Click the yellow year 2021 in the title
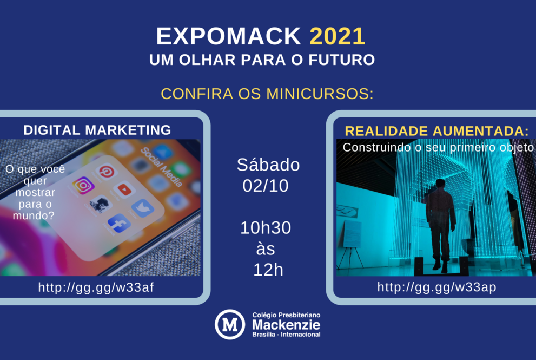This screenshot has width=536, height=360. pos(338,36)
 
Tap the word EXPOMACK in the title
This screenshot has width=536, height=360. pos(228,36)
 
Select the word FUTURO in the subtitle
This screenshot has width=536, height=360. pos(341,60)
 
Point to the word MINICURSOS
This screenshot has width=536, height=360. pos(320,94)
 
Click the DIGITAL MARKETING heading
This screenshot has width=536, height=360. pos(97,130)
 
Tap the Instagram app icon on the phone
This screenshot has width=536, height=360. pos(83,186)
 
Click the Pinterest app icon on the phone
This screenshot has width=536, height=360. pos(107,172)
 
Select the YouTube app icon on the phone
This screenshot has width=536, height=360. pos(124,189)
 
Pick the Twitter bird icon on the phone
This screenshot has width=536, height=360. pos(143,208)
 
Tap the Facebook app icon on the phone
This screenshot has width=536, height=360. pos(119,224)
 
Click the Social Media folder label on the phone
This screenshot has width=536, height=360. pos(161,167)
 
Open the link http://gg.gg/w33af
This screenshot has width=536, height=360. pos(96,287)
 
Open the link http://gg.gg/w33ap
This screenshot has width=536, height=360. pos(437,287)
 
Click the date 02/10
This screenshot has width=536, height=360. pos(266,186)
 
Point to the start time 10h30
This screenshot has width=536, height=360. pos(266,228)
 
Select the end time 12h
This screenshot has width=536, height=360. pos(268,270)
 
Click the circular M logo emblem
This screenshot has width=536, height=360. pos(230,324)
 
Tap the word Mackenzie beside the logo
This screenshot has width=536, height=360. pos(286,325)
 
